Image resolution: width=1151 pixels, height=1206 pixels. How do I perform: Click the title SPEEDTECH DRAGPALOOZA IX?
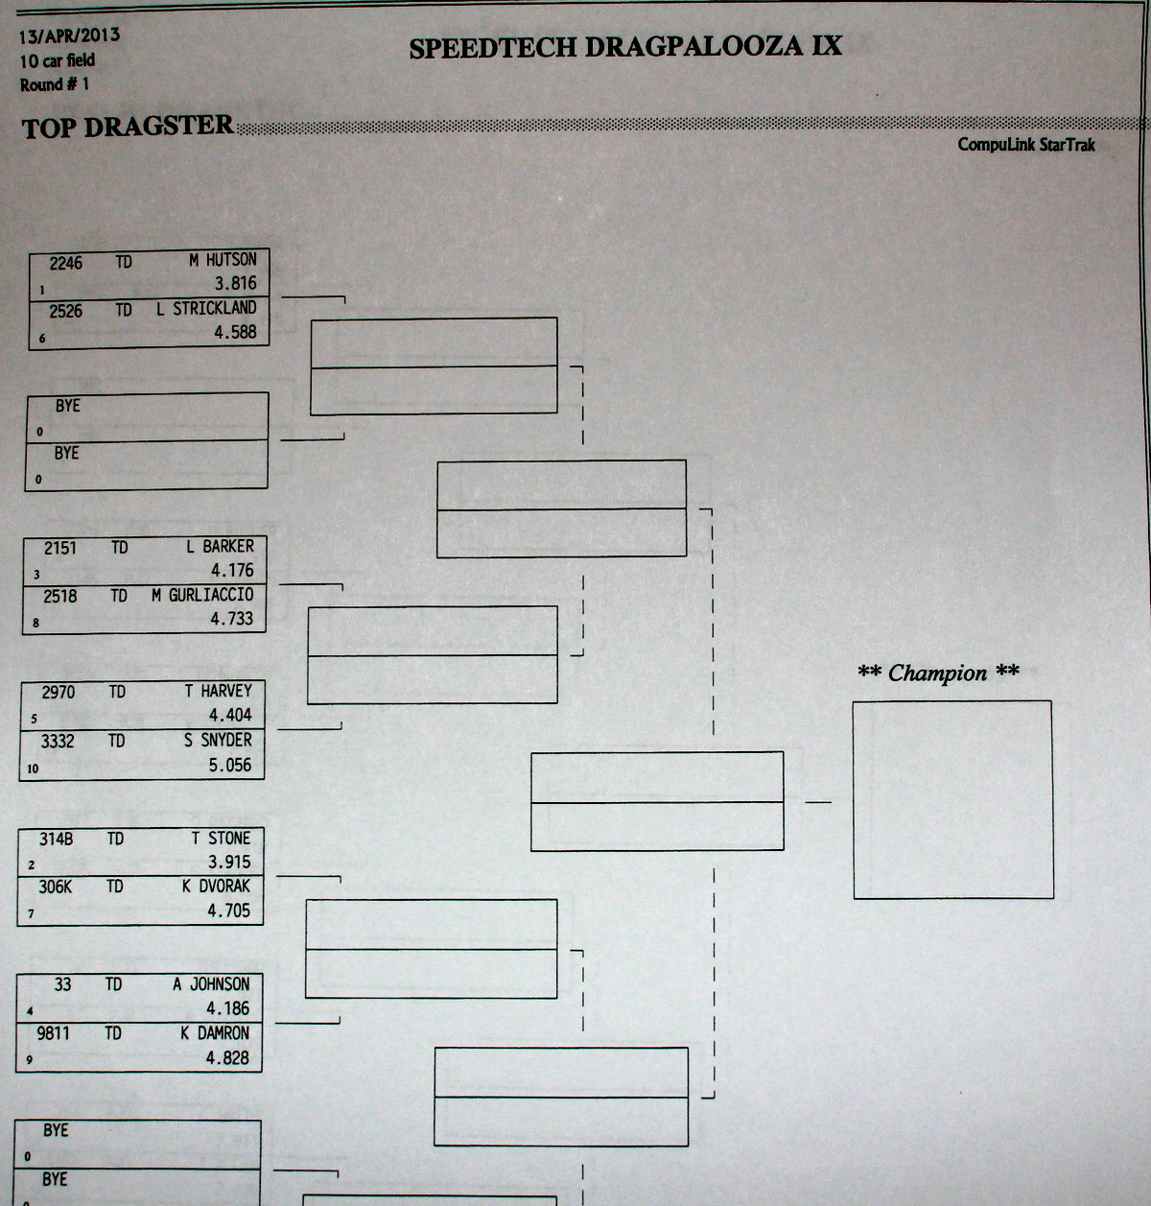pyautogui.click(x=625, y=46)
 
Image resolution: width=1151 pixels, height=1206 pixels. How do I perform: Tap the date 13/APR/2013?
pyautogui.click(x=69, y=35)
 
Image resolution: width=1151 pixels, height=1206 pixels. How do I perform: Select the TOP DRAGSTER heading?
pyautogui.click(x=128, y=127)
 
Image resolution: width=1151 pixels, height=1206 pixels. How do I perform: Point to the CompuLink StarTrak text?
pyautogui.click(x=1026, y=145)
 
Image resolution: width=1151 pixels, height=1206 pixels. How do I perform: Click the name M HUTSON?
pyautogui.click(x=223, y=260)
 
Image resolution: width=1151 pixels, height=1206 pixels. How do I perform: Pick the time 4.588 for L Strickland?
pyautogui.click(x=235, y=332)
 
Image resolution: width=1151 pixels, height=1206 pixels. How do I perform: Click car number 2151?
pyautogui.click(x=60, y=548)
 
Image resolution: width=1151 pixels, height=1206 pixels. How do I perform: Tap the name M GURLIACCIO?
pyautogui.click(x=202, y=595)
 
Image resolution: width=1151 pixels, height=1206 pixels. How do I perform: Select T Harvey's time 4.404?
pyautogui.click(x=230, y=715)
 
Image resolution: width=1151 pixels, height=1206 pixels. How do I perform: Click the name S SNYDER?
pyautogui.click(x=218, y=740)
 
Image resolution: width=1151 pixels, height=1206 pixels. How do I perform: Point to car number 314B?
pyautogui.click(x=56, y=839)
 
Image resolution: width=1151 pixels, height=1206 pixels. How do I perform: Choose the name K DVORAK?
pyautogui.click(x=216, y=887)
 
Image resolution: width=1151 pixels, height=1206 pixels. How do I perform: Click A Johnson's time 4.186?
pyautogui.click(x=228, y=1008)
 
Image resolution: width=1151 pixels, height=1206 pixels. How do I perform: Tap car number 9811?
pyautogui.click(x=54, y=1033)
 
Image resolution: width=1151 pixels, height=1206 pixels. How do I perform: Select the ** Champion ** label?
pyautogui.click(x=938, y=673)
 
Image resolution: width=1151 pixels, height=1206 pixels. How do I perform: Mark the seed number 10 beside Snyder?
pyautogui.click(x=33, y=769)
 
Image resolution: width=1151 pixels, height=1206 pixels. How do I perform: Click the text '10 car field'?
pyautogui.click(x=57, y=60)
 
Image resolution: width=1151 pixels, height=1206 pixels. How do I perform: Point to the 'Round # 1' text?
pyautogui.click(x=55, y=84)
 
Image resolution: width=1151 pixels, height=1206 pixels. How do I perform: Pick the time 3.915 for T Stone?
pyautogui.click(x=229, y=863)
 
